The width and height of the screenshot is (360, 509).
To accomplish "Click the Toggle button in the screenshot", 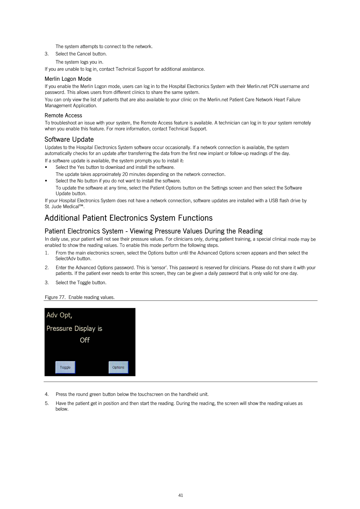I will [65, 367].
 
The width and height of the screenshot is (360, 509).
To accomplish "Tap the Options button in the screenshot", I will [118, 367].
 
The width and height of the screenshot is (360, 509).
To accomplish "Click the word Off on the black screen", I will [85, 340].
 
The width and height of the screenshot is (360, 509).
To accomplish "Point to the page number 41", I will [181, 495].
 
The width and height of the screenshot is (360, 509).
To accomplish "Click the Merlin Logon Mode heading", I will [68, 79].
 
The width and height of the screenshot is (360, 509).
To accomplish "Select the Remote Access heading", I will [63, 115].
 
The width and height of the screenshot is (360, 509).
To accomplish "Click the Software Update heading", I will [69, 139].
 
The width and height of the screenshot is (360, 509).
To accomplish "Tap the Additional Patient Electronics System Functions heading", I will [128, 218].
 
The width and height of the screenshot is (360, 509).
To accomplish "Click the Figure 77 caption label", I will [55, 297].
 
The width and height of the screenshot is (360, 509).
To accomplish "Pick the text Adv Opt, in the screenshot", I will [59, 315].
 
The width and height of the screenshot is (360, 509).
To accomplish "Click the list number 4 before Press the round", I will [46, 394].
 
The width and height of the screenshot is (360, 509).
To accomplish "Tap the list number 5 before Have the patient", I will [46, 403].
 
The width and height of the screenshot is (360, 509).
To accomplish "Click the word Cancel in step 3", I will [84, 54].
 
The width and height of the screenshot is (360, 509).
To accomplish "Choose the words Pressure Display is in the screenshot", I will [74, 329].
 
